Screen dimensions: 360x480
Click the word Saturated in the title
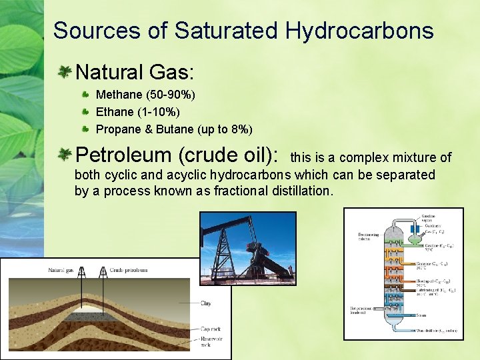pyautogui.click(x=226, y=31)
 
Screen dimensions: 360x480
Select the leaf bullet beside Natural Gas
pyautogui.click(x=65, y=71)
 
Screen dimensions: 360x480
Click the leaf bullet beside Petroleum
pyautogui.click(x=65, y=155)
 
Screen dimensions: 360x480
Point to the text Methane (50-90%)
pyautogui.click(x=145, y=95)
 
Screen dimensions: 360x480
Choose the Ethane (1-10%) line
pyautogui.click(x=138, y=112)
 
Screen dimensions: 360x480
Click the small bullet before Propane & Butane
pyautogui.click(x=86, y=128)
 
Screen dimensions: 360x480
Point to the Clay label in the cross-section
pyautogui.click(x=206, y=303)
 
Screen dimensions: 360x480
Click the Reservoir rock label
pyautogui.click(x=212, y=342)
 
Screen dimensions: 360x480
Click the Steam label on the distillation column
pyautogui.click(x=421, y=315)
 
